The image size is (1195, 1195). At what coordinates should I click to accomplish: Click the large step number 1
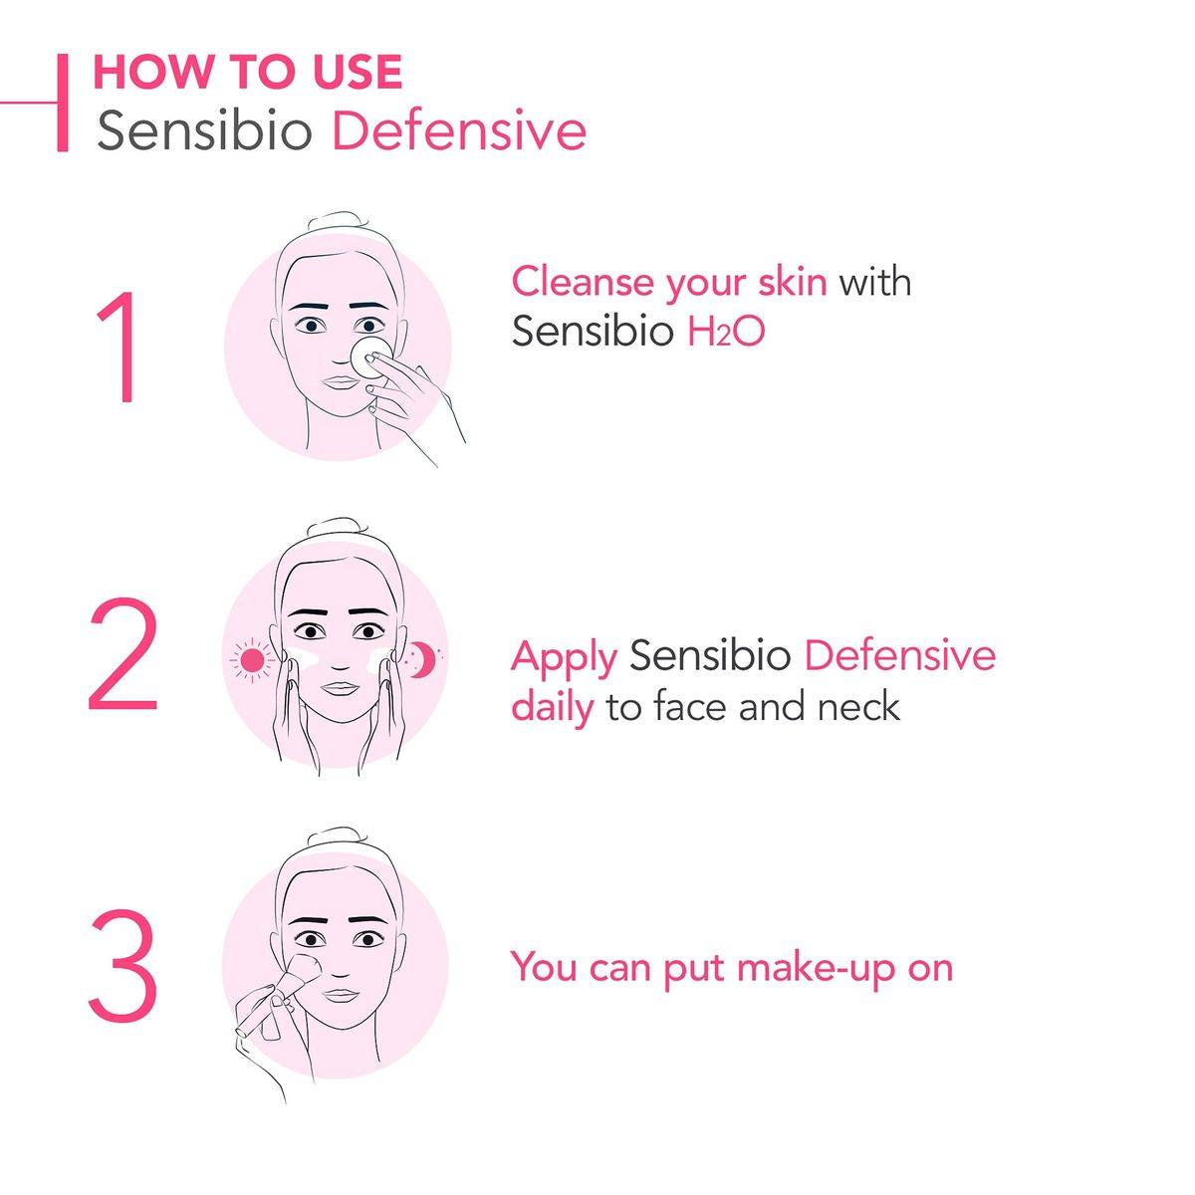119,346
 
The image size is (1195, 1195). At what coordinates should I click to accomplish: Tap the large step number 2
122,653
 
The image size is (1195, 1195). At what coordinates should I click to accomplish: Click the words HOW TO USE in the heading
248,72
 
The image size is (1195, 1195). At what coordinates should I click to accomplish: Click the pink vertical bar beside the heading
62,103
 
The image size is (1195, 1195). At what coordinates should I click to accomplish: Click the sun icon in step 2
252,661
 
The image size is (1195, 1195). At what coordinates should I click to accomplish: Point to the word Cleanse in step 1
583,282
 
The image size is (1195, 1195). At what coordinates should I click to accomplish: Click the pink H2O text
726,332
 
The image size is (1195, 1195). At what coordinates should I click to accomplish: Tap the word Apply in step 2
564,658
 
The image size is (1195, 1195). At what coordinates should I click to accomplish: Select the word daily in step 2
552,708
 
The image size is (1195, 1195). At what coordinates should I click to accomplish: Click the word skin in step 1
793,282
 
